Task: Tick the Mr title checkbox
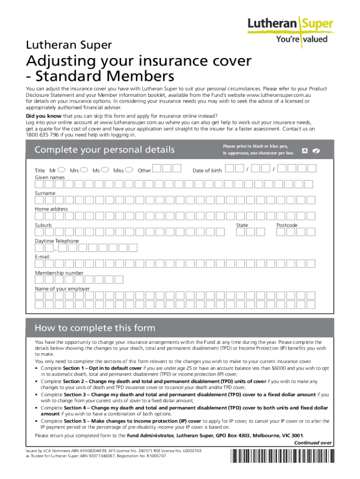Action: pos(61,170)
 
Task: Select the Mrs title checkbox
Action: pos(84,170)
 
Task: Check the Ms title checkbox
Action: pos(105,170)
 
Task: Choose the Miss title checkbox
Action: pos(129,170)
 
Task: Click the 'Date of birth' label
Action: pos(207,171)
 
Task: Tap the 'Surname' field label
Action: pos(45,193)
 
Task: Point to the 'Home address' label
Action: pos(51,209)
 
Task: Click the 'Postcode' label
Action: pos(287,225)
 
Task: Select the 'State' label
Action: pos(242,225)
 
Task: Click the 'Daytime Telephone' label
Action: pos(57,241)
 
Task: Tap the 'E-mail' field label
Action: pos(42,257)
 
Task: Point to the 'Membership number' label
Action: pos(59,273)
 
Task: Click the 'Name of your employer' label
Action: pos(62,289)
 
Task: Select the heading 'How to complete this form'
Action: pos(95,328)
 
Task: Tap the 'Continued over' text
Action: pos(313,443)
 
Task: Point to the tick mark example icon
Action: pos(316,151)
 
